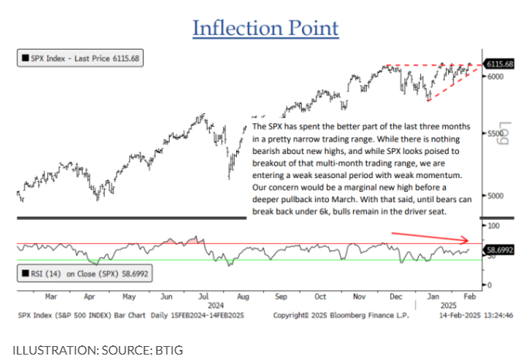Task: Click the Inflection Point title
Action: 265,29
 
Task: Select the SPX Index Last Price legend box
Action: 81,58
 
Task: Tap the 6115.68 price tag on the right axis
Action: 500,64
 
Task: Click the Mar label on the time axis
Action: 52,295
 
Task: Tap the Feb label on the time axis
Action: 470,295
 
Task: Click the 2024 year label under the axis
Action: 221,304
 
